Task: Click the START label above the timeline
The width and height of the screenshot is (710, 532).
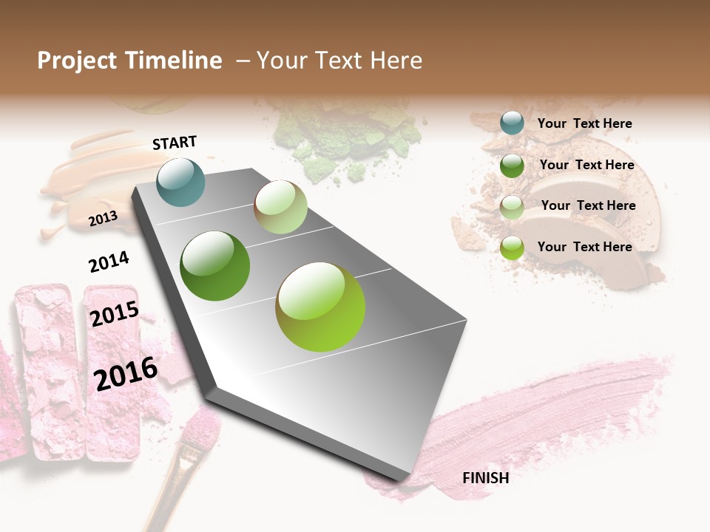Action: pyautogui.click(x=175, y=143)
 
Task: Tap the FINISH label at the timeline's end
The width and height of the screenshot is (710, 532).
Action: pyautogui.click(x=485, y=478)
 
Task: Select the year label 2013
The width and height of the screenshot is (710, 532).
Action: pyautogui.click(x=103, y=219)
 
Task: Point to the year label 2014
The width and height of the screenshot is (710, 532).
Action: pyautogui.click(x=109, y=262)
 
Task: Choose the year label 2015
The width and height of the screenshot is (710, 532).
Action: pyautogui.click(x=115, y=314)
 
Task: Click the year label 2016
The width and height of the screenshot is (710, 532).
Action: pyautogui.click(x=126, y=373)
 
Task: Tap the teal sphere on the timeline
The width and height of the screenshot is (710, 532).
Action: pyautogui.click(x=181, y=182)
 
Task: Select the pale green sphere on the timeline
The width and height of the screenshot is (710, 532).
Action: pyautogui.click(x=280, y=207)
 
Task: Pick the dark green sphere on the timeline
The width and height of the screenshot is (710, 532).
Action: pyautogui.click(x=215, y=266)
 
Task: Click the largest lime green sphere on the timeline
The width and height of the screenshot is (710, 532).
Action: pyautogui.click(x=320, y=307)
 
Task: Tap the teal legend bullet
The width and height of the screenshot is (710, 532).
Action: pyautogui.click(x=512, y=123)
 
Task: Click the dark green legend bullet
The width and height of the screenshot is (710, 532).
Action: pyautogui.click(x=512, y=166)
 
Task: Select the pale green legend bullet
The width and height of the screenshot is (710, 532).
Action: pyautogui.click(x=512, y=207)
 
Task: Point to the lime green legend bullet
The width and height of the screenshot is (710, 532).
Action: pyautogui.click(x=512, y=248)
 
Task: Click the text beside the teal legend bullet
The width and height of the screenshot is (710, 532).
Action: pyautogui.click(x=584, y=124)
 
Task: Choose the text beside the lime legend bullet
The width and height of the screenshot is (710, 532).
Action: pyautogui.click(x=584, y=247)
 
